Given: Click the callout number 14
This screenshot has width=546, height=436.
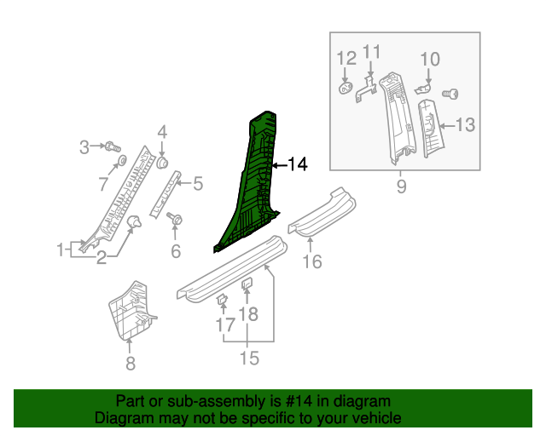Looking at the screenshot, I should coord(297,164).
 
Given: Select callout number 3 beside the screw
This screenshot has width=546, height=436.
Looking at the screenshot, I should coord(84,147).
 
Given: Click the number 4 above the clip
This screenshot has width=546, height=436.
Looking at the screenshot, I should coord(161,132).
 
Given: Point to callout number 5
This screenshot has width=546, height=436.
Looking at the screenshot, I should coord(197,182).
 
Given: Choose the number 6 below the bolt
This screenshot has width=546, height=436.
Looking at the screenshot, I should coord(176,250).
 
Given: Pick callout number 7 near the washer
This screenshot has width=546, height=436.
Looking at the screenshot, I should coord(103,182).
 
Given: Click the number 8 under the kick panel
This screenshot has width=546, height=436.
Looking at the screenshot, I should coord(130,364).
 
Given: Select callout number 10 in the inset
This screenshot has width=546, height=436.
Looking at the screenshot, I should coord(430,59).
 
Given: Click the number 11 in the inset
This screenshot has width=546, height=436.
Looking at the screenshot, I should coord(371,53).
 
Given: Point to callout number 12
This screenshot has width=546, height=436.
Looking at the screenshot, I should coord(346,59).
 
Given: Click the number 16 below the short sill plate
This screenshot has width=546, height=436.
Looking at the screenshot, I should coord(313,261).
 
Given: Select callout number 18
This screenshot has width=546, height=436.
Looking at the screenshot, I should coord(247,316).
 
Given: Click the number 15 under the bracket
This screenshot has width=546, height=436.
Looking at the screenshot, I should coord(248,359).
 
